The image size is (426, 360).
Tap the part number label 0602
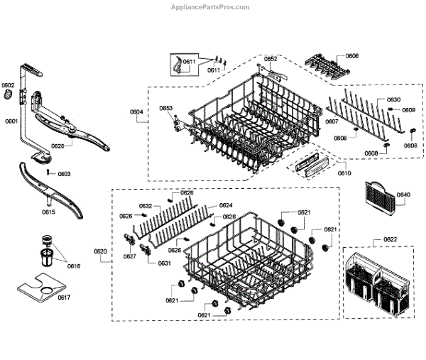click(8, 86)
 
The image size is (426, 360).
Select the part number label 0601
click(11, 121)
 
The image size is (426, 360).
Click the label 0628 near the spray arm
click(58, 146)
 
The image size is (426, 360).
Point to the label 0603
click(64, 174)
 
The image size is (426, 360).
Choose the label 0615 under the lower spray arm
click(48, 212)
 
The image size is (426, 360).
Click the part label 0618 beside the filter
click(74, 266)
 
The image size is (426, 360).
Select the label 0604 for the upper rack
click(136, 111)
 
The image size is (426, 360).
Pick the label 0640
click(403, 195)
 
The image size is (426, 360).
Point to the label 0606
click(352, 55)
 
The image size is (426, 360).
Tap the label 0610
click(344, 173)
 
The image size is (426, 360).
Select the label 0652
click(271, 58)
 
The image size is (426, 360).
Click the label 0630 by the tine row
click(393, 99)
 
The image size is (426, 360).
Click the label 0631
click(164, 263)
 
